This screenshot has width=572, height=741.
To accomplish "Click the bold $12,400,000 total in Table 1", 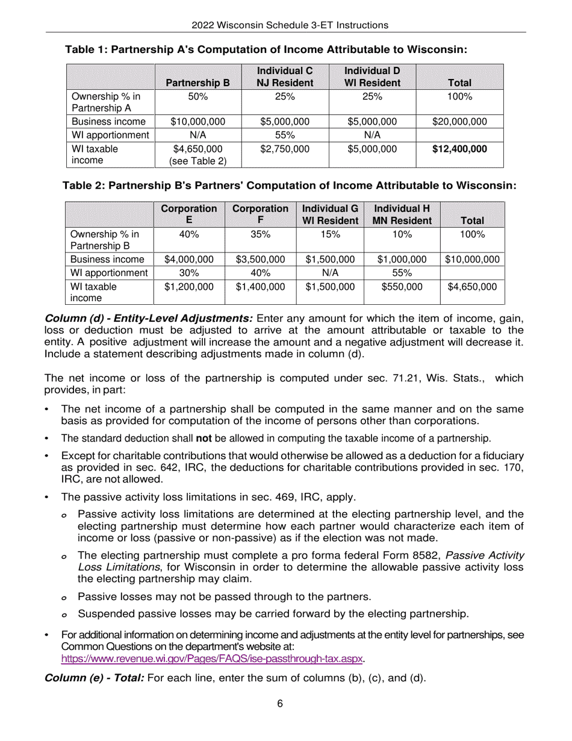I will pyautogui.click(x=459, y=149).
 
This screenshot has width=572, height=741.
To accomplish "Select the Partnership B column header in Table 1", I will pyautogui.click(x=197, y=83).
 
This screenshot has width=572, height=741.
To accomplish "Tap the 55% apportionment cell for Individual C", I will pyautogui.click(x=285, y=135).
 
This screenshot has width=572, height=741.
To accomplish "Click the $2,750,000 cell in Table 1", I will pyautogui.click(x=285, y=149).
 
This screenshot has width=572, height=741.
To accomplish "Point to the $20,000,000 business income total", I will pyautogui.click(x=459, y=122).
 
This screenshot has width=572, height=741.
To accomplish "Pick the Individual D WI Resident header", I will pyautogui.click(x=372, y=77).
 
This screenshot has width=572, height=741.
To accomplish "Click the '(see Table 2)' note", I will pyautogui.click(x=197, y=161).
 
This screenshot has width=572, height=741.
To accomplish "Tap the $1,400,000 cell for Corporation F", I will pyautogui.click(x=260, y=287).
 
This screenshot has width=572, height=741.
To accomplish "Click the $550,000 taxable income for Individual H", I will pyautogui.click(x=402, y=287).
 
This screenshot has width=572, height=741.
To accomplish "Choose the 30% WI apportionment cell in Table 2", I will pyautogui.click(x=189, y=273).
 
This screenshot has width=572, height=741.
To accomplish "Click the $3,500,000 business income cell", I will pyautogui.click(x=260, y=260).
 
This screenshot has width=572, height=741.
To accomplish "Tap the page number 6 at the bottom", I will pyautogui.click(x=280, y=704).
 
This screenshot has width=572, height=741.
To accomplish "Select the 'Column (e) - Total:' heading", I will pyautogui.click(x=95, y=678).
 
